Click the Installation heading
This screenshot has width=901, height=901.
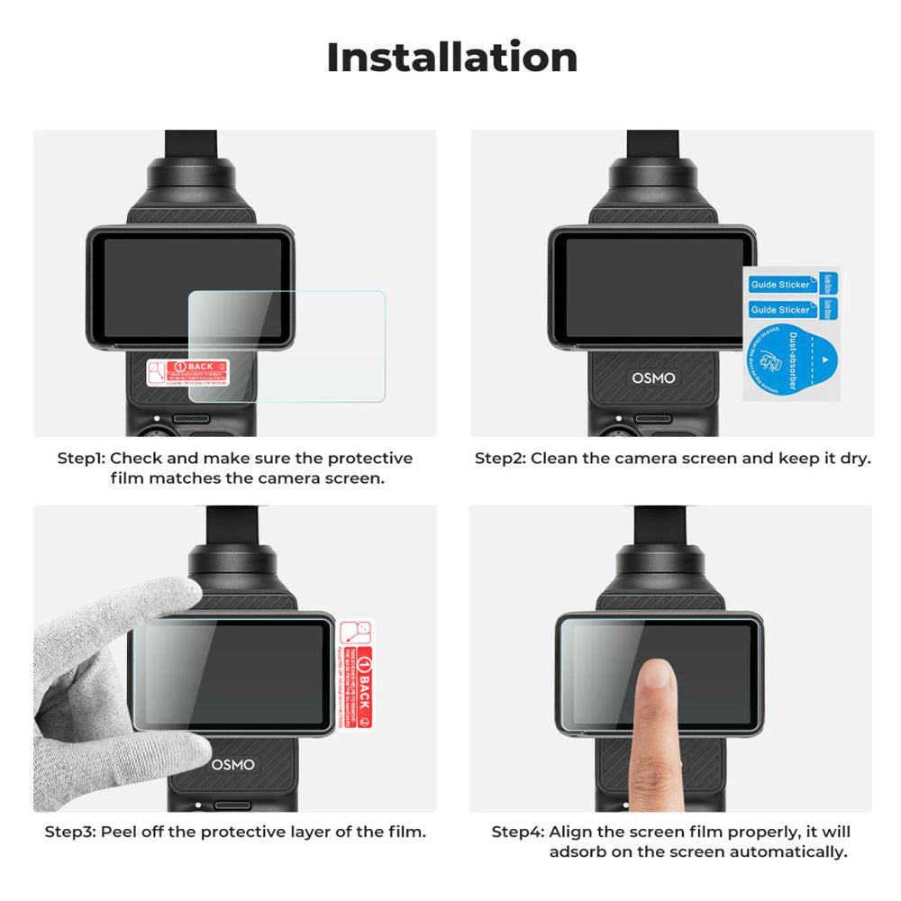(451, 58)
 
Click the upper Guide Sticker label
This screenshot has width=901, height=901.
(780, 285)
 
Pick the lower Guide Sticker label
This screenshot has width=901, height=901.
(780, 310)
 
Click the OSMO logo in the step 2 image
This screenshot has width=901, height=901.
(653, 378)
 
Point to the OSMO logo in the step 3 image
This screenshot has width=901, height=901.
(232, 764)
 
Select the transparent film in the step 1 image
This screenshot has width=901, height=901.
(287, 346)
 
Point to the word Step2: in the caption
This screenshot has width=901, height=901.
(500, 459)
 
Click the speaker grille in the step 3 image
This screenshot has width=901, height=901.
(233, 804)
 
